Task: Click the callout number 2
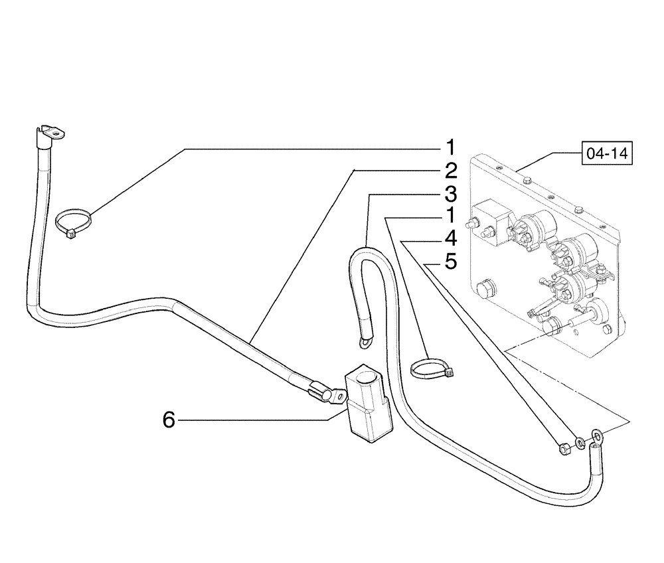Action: (450, 171)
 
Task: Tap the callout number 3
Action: (450, 194)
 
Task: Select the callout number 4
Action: (450, 238)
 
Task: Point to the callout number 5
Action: (450, 262)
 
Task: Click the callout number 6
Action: (169, 420)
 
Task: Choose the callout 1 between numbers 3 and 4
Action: (450, 216)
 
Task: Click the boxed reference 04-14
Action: (606, 153)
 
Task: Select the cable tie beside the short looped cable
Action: (432, 368)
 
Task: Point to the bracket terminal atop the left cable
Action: (50, 133)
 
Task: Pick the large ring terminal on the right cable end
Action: (597, 436)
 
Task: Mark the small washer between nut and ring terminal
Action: (580, 442)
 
